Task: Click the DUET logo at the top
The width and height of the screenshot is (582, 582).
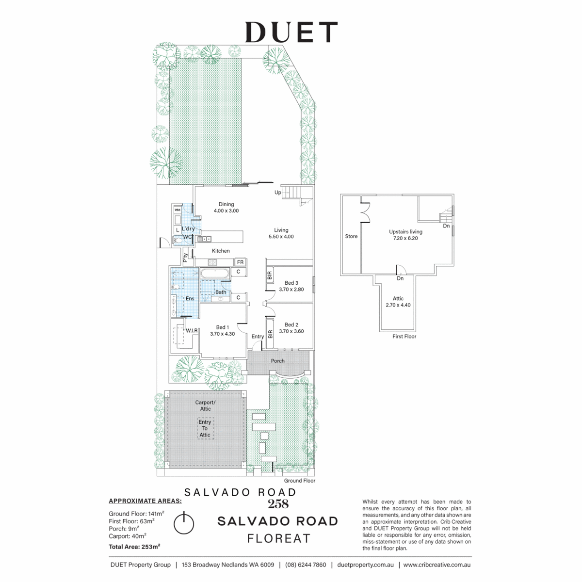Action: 291,32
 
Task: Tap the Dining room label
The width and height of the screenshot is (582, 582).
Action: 226,204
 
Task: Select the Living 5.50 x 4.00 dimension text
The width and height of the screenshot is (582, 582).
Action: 281,237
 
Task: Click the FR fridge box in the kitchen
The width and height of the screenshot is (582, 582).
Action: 241,262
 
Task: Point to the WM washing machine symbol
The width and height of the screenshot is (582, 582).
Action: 178,210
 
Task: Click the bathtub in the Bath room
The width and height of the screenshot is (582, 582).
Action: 214,274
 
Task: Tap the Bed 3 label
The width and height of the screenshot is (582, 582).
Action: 291,283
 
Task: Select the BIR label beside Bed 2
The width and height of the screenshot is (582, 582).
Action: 270,334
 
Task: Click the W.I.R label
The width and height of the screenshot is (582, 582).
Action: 192,331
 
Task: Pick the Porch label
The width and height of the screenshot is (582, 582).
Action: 277,361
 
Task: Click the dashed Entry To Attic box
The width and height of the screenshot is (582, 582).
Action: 205,428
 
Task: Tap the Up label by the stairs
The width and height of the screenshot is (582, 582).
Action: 278,193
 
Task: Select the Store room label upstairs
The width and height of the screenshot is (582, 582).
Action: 351,236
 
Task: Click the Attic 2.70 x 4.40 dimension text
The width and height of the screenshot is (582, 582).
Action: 398,305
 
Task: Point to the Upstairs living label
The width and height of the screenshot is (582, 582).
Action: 405,232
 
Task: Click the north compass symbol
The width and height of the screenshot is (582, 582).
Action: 184,524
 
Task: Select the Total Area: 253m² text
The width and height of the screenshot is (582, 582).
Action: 134,547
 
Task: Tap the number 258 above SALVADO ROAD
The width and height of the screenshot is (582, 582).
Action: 278,504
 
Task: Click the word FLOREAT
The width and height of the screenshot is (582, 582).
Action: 279,538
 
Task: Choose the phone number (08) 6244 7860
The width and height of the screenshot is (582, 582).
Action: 306,565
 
